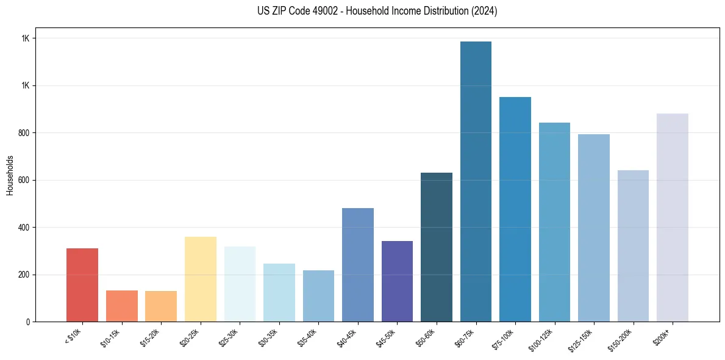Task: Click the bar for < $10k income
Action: (82, 285)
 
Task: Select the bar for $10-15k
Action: (121, 306)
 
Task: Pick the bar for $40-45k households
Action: (357, 265)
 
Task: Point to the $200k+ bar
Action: (672, 217)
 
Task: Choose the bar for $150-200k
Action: (633, 246)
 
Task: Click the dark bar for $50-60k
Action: (436, 247)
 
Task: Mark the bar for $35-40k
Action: (318, 296)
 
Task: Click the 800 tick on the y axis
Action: (24, 133)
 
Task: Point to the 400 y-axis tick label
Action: (24, 228)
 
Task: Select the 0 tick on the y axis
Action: (28, 322)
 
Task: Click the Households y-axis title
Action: (10, 175)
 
